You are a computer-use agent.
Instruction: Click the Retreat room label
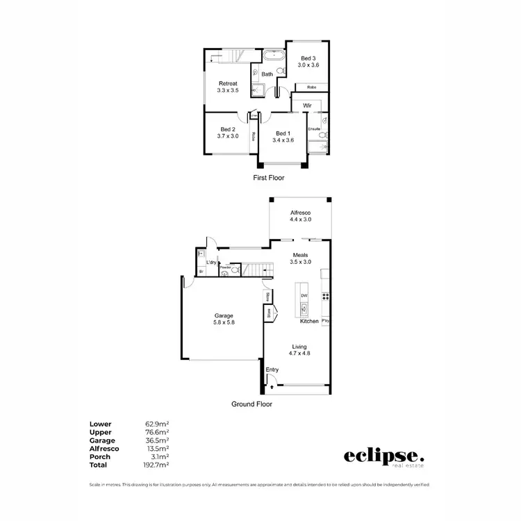click(227, 84)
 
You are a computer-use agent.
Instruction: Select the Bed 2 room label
click(227, 129)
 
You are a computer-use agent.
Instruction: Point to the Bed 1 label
click(284, 133)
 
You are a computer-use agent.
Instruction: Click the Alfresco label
click(300, 212)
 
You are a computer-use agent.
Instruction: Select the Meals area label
click(300, 254)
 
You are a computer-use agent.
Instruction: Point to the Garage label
click(223, 315)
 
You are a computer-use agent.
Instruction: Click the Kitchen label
click(309, 321)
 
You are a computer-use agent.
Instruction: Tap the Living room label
click(299, 347)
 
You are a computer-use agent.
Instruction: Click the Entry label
click(272, 370)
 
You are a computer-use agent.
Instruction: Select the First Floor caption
click(268, 178)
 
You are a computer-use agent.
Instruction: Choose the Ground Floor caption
click(252, 404)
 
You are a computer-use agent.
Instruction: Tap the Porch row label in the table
click(99, 456)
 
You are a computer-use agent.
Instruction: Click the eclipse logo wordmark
click(382, 456)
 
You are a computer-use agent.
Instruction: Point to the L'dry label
click(210, 262)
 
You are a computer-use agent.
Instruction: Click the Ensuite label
click(314, 129)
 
